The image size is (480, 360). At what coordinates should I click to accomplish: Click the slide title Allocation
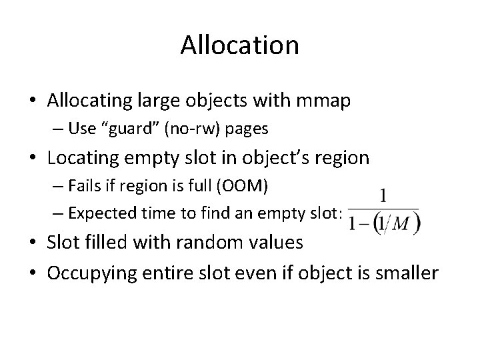[x=239, y=46]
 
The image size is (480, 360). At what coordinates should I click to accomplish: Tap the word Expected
[x=100, y=213]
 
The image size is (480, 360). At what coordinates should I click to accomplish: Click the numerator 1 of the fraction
[x=383, y=196]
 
